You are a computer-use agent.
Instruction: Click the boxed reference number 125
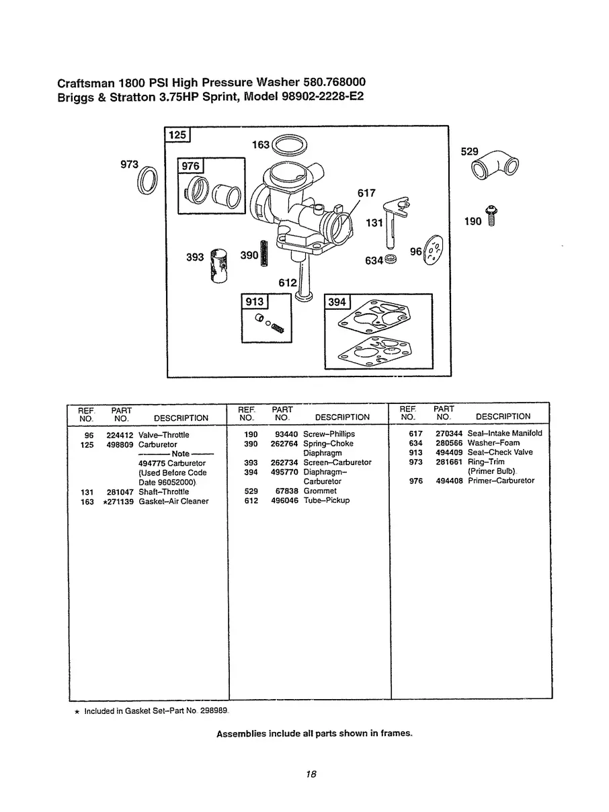point(177,135)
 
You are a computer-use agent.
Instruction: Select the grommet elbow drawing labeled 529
point(498,166)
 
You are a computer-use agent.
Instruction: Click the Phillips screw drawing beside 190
point(492,216)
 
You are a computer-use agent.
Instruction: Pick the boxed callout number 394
point(337,302)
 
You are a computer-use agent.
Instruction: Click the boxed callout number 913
point(254,301)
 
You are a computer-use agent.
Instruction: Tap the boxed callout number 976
point(192,166)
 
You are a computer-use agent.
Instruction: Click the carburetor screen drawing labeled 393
point(218,264)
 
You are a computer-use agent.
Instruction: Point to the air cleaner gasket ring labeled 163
point(290,145)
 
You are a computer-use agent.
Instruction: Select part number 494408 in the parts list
point(448,481)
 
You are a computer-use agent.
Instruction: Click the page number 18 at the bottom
point(311,774)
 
